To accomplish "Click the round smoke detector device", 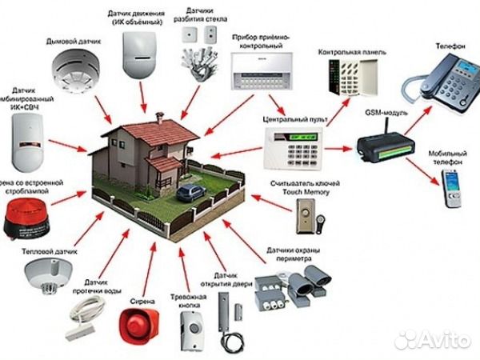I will point(74,69).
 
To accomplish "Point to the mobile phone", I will point(450,190).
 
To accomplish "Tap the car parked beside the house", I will point(191,192).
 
